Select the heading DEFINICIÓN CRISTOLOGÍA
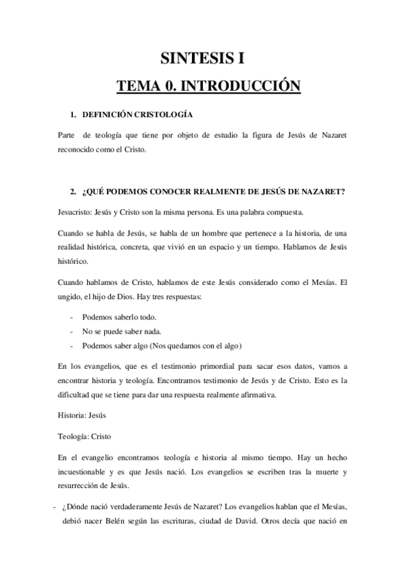[x=137, y=115]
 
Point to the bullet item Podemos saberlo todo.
[x=118, y=317]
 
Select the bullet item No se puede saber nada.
[x=122, y=331]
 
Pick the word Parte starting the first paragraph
[x=68, y=135]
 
